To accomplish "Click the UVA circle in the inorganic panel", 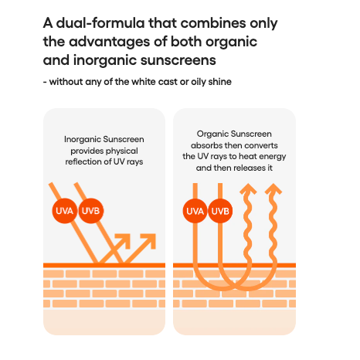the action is (x=64, y=211).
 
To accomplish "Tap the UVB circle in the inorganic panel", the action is (x=91, y=211).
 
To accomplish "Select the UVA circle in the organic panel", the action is (x=195, y=211).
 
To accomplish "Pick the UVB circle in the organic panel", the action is (x=220, y=211).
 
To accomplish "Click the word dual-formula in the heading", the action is (x=100, y=23).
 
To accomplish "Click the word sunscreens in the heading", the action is (x=178, y=60).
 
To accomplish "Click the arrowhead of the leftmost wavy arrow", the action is (x=248, y=189).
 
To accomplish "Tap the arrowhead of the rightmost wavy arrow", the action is (x=273, y=189).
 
